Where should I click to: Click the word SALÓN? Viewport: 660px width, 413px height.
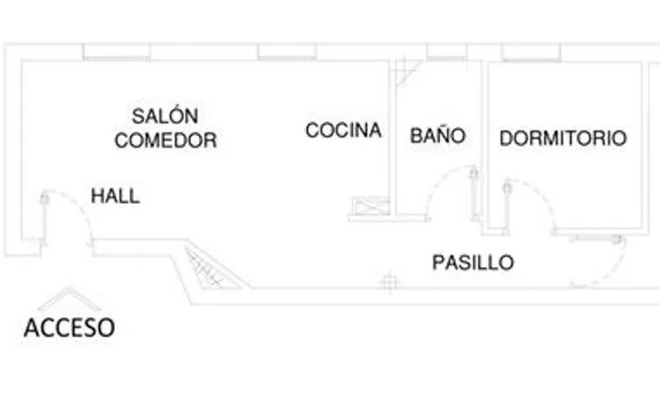click(x=165, y=116)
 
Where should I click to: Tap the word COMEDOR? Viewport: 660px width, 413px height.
click(x=166, y=140)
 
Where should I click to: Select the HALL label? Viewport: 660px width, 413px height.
click(x=115, y=196)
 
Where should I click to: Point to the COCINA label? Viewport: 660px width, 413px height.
click(x=344, y=130)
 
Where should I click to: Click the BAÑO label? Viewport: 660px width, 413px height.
click(x=438, y=135)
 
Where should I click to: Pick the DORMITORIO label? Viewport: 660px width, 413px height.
click(x=563, y=139)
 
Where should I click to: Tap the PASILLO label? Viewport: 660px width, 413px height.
click(x=473, y=262)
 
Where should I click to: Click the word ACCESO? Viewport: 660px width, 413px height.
click(x=70, y=328)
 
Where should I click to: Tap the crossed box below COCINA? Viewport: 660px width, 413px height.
click(x=370, y=206)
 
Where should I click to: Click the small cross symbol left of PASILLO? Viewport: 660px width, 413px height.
click(x=390, y=282)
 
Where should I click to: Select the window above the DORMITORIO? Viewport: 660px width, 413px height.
click(x=531, y=52)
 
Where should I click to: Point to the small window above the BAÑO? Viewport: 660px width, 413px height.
click(x=446, y=51)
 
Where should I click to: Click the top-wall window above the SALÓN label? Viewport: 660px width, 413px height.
click(x=116, y=52)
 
